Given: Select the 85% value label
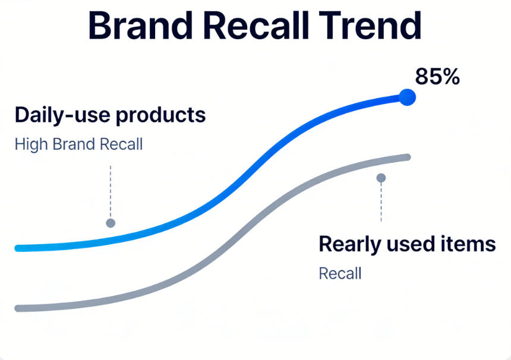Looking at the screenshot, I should pos(437,76).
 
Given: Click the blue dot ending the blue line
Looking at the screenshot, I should pos(406,97).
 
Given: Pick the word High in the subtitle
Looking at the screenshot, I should pos(31,144).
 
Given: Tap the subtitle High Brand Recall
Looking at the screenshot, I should pos(78,144).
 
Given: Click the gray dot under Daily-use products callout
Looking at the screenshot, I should pos(110,223).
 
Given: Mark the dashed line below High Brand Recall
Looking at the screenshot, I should pos(110,190).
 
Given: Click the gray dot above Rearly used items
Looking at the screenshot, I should pos(381,178).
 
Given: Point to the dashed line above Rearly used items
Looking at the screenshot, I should pos(381,202).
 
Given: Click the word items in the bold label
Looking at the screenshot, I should pos(471,244).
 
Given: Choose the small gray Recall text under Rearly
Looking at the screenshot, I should pos(340,274).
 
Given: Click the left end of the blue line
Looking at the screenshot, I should pos(18,248).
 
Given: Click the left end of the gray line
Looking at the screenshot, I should pos(18,308).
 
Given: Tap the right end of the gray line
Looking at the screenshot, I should pos(407,157).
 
